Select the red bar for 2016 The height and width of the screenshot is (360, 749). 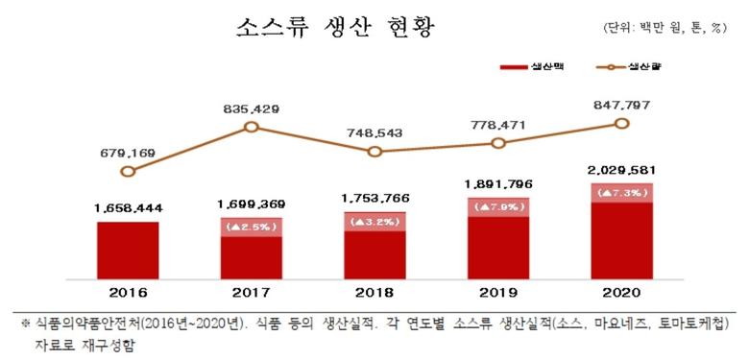click(128, 252)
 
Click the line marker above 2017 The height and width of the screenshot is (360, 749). click(252, 127)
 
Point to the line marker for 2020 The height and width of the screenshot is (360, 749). click(621, 124)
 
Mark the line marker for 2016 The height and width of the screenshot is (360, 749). click(128, 171)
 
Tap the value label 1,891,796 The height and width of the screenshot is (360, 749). click(497, 184)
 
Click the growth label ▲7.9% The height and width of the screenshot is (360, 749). click(497, 206)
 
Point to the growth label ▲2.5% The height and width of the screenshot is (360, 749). click(251, 227)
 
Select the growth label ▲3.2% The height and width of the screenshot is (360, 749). click(374, 221)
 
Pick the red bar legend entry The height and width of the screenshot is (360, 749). click(523, 68)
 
